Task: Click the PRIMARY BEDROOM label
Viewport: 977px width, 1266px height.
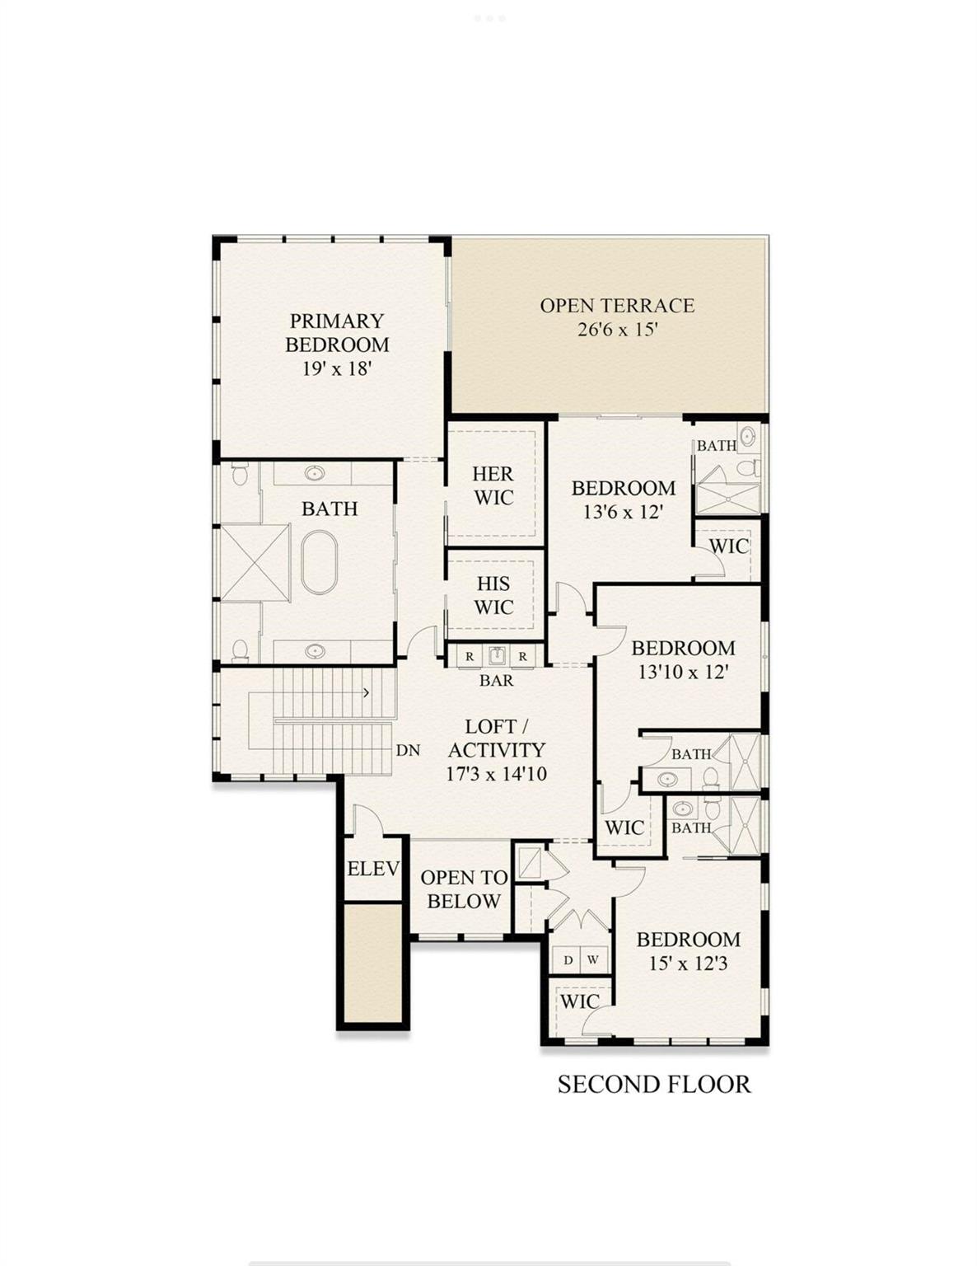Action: click(x=337, y=332)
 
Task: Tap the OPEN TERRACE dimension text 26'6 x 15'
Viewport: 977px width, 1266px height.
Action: click(x=617, y=330)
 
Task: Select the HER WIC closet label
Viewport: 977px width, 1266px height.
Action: click(x=493, y=485)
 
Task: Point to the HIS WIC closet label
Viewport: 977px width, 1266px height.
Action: click(x=493, y=595)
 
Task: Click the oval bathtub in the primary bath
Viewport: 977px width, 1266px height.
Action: click(x=318, y=562)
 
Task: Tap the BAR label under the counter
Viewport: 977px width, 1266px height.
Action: click(x=496, y=680)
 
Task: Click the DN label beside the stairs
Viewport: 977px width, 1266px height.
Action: click(x=408, y=750)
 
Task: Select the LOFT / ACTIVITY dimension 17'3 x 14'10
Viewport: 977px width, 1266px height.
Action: click(x=496, y=774)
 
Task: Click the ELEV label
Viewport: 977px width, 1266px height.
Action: click(x=373, y=868)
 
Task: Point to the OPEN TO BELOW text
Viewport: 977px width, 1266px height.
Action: click(x=463, y=889)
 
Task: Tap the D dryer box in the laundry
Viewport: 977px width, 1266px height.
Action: click(x=568, y=959)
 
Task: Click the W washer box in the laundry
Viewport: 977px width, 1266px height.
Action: click(x=593, y=959)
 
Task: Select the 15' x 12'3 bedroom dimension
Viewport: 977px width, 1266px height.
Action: click(x=688, y=963)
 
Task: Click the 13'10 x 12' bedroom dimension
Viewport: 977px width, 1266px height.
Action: click(x=683, y=672)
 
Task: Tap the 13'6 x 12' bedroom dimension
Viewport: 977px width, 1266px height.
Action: click(x=623, y=512)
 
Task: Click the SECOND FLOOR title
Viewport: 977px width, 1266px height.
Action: click(x=654, y=1084)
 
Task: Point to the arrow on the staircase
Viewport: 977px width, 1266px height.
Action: click(x=366, y=692)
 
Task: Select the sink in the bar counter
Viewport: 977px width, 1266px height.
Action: click(x=496, y=656)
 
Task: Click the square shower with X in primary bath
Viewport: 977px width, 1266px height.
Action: click(x=255, y=562)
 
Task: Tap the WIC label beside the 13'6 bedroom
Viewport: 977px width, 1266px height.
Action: click(x=728, y=546)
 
